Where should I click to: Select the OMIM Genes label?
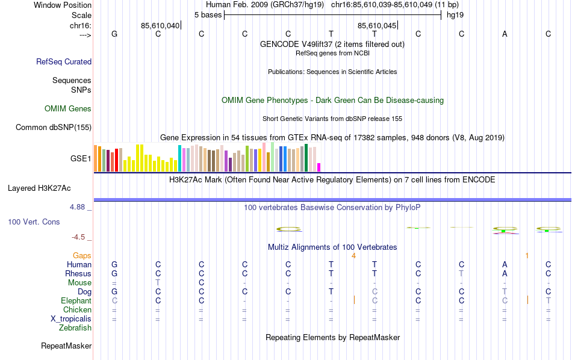[x=68, y=109]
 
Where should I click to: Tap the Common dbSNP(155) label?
[x=54, y=127]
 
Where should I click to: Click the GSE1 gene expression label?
[x=81, y=159]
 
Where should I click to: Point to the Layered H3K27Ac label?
[x=39, y=188]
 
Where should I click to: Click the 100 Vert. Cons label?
[x=34, y=222]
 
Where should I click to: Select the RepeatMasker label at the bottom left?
[x=66, y=346]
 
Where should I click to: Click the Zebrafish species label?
[x=75, y=328]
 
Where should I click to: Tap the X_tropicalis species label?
[x=71, y=319]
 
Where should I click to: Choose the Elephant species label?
[x=76, y=301]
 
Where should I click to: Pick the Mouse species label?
[x=79, y=283]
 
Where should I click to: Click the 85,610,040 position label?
[x=160, y=25]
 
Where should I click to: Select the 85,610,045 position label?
[x=377, y=25]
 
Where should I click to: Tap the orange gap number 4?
[x=353, y=256]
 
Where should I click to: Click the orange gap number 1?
[x=527, y=256]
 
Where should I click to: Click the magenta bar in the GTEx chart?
[x=319, y=167]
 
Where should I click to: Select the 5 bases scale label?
[x=208, y=14]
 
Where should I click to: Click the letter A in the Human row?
[x=505, y=265]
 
